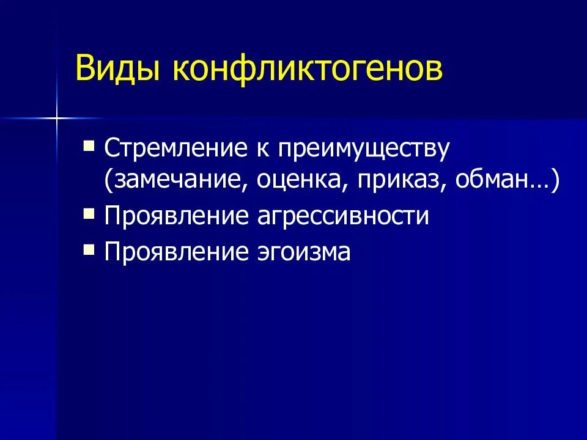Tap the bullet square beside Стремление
[89, 145]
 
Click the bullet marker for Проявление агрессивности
[89, 215]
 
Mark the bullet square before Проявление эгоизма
[89, 249]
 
